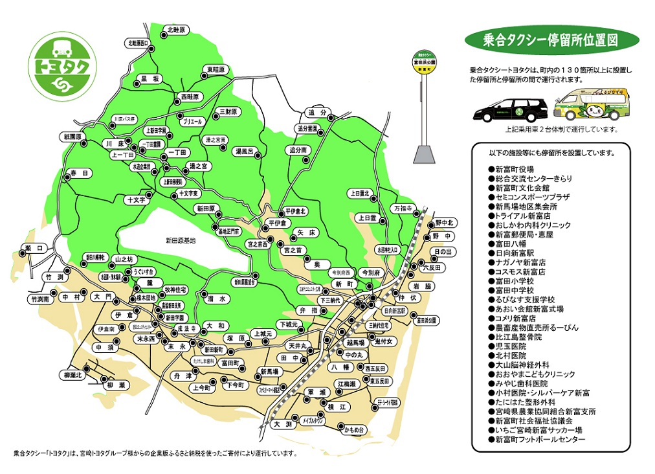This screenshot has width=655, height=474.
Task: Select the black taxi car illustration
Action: point(511,109)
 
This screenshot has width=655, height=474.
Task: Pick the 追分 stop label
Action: point(316,112)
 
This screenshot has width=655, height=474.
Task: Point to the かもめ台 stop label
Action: point(355,429)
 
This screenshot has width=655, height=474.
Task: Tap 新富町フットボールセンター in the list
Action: point(540,440)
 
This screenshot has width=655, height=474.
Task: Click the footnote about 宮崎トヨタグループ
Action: point(156,453)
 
